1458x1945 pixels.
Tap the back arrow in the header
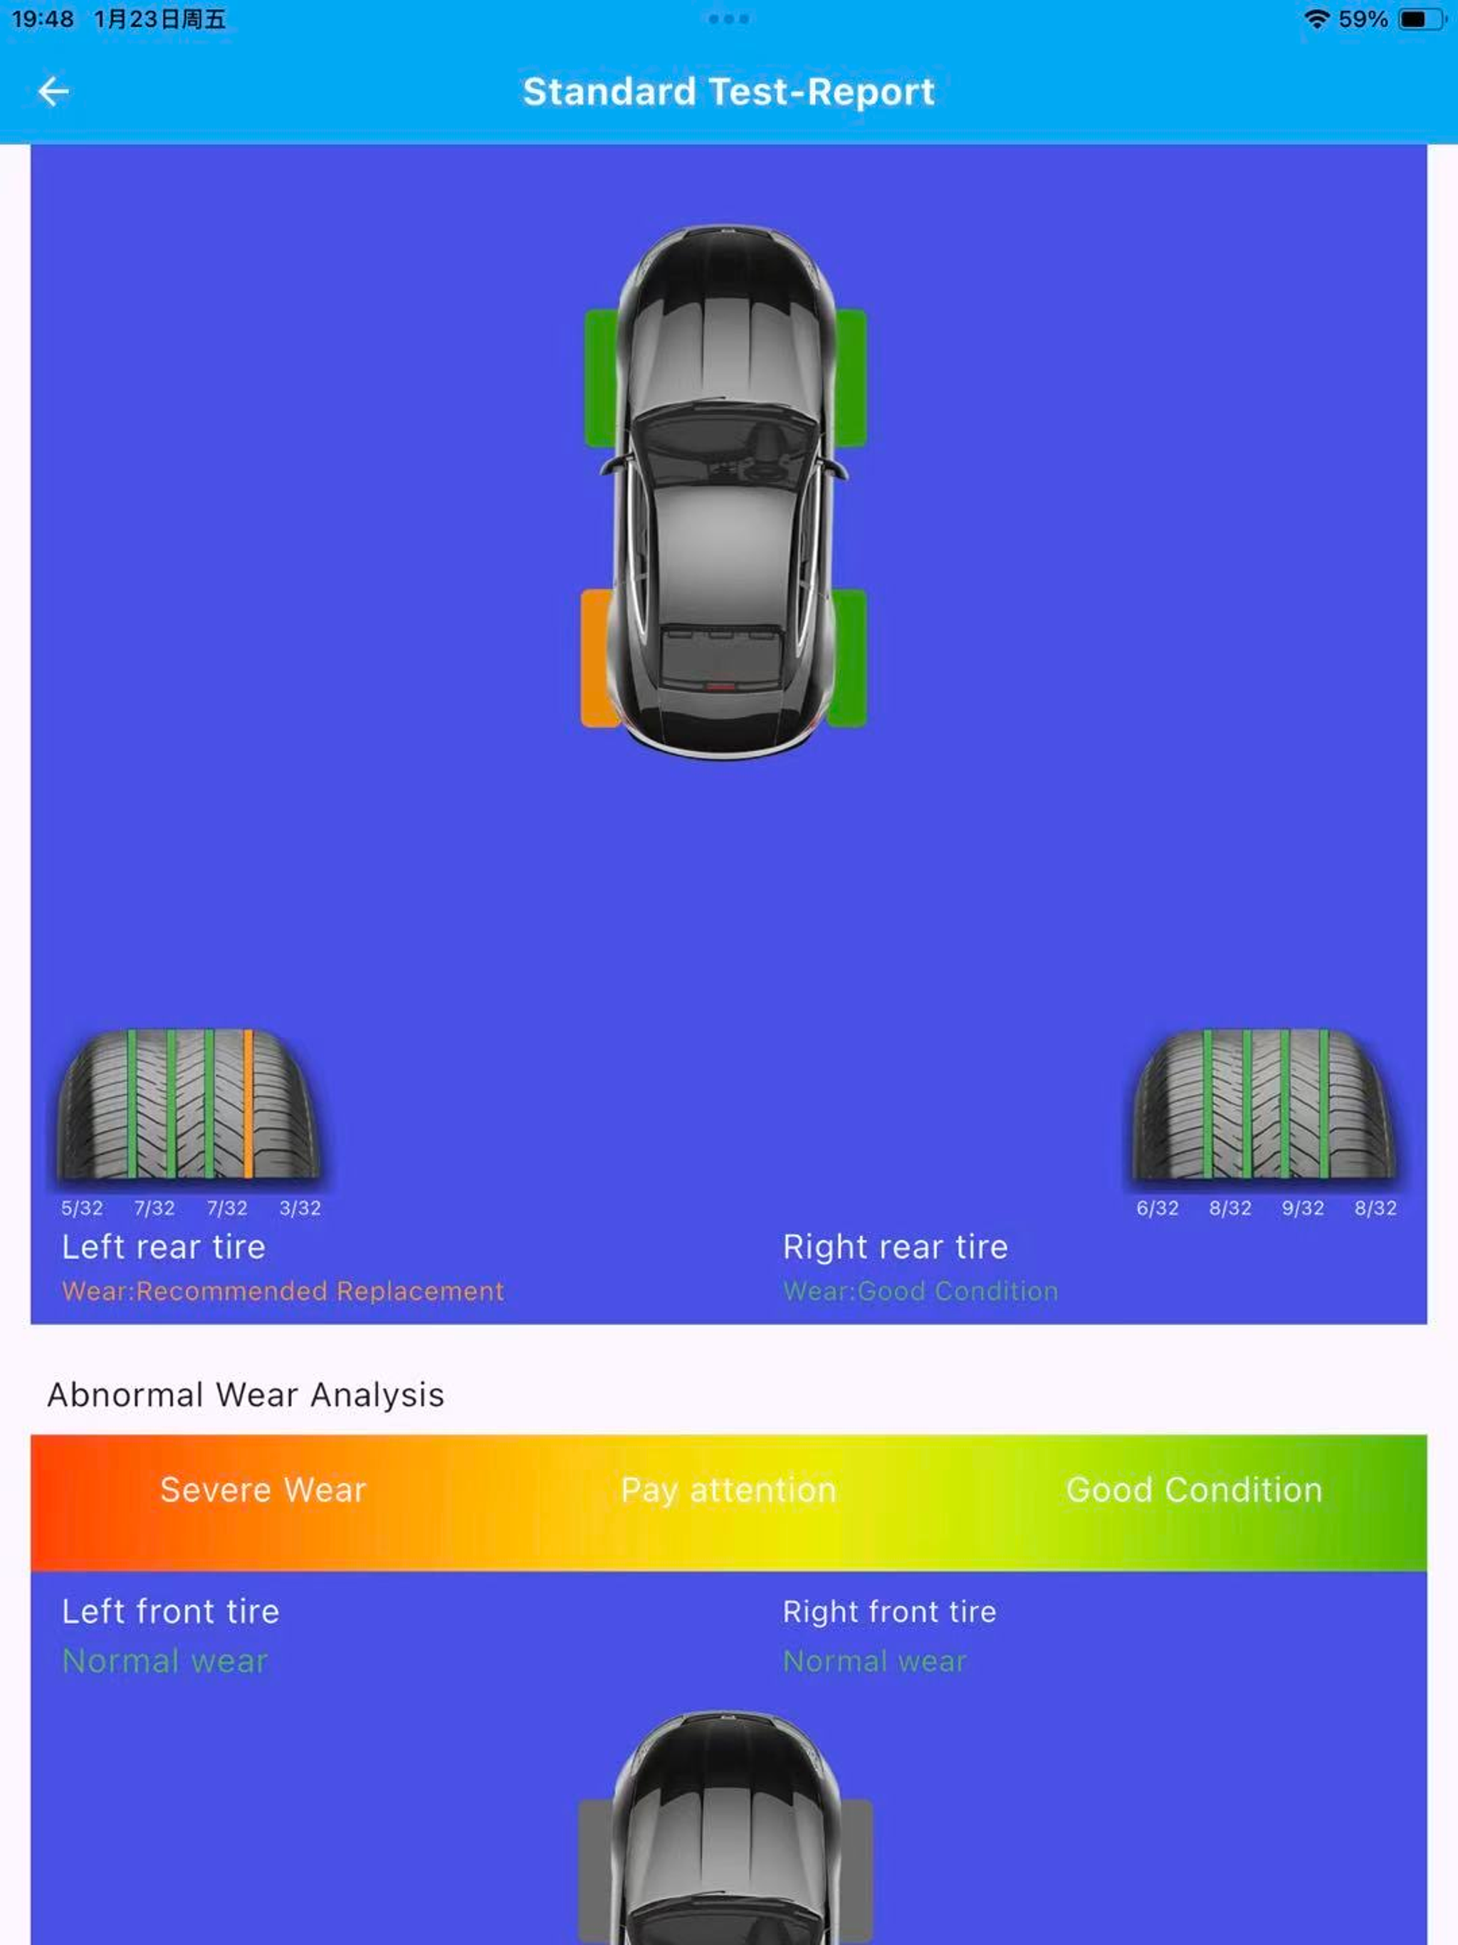tap(53, 90)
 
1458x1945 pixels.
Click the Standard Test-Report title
tap(728, 91)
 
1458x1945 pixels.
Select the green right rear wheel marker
tap(847, 658)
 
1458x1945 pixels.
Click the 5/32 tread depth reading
tap(82, 1208)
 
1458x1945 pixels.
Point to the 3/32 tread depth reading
tap(300, 1208)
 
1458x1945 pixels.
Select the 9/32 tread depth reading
tap(1302, 1208)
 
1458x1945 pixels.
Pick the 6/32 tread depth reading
tap(1158, 1208)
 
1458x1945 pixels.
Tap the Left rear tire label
tap(164, 1247)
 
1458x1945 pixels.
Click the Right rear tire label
tap(895, 1247)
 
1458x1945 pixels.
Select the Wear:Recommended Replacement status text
tap(283, 1291)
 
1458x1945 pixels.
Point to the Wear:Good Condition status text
tap(921, 1291)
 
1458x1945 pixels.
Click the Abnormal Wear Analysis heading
tap(246, 1395)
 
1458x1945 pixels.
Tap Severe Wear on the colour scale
tap(263, 1490)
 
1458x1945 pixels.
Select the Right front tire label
tap(889, 1612)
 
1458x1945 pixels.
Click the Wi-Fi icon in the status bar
tap(1316, 19)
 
